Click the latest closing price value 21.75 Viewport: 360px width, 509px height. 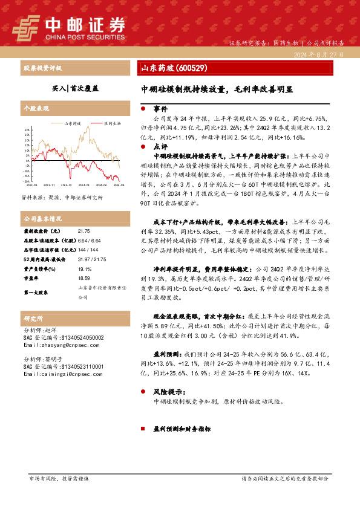point(83,231)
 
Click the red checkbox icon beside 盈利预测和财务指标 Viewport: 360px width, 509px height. point(143,429)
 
